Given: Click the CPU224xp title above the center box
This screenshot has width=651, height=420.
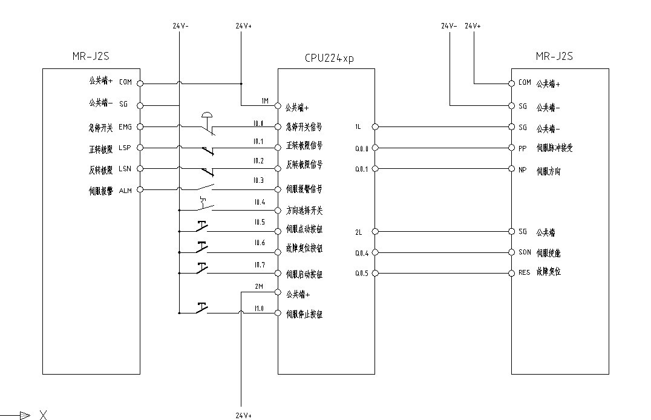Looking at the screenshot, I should click(330, 59).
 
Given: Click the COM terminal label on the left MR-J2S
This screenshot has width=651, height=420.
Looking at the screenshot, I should click(125, 82).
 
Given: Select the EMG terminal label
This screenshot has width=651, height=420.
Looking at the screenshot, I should click(125, 127).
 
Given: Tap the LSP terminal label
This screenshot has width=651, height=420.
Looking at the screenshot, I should click(125, 148).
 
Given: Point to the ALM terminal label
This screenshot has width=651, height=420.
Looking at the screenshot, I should click(125, 190).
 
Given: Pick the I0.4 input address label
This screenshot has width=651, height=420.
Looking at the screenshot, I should click(260, 202).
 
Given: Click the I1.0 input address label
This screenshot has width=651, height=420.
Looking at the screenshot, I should click(259, 309).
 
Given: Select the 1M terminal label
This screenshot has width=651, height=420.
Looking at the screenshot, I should click(264, 100).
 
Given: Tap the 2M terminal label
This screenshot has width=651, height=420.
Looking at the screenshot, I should click(259, 286).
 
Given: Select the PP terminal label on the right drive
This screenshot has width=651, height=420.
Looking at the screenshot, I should click(523, 148).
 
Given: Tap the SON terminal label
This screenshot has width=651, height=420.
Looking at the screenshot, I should click(525, 252).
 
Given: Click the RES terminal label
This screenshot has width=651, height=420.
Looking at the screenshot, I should click(524, 273).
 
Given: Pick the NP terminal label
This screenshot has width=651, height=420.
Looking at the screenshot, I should click(523, 169).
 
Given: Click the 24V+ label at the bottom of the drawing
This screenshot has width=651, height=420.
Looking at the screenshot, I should click(243, 416).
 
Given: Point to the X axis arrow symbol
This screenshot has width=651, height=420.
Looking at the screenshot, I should click(24, 415).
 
